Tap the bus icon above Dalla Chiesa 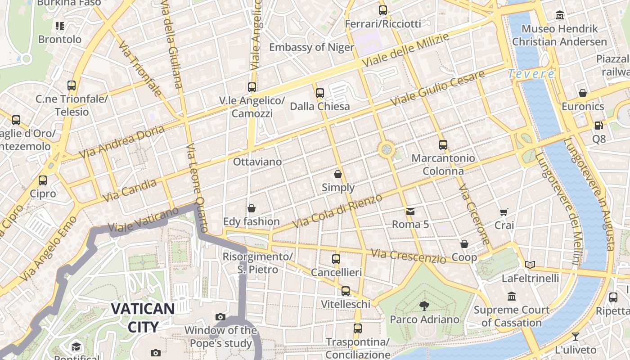pos(320,93)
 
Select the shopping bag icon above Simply pos(338,174)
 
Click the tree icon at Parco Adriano pos(424,306)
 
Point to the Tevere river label pos(531,74)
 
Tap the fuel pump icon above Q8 pos(598,126)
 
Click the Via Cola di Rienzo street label pos(337,211)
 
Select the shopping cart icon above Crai pos(504,212)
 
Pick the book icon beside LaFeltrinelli pos(530,265)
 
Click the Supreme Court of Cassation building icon pos(512,297)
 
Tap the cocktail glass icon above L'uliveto pos(575,336)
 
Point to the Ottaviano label pos(257,162)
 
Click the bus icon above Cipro pos(43,180)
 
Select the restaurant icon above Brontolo pos(60,26)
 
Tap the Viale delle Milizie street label pos(405,50)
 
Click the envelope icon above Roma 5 pos(410,211)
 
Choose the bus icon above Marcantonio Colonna pos(443,145)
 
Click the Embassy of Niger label pos(311,47)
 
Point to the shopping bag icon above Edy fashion pos(252,208)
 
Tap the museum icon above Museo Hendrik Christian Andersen pos(560,15)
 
